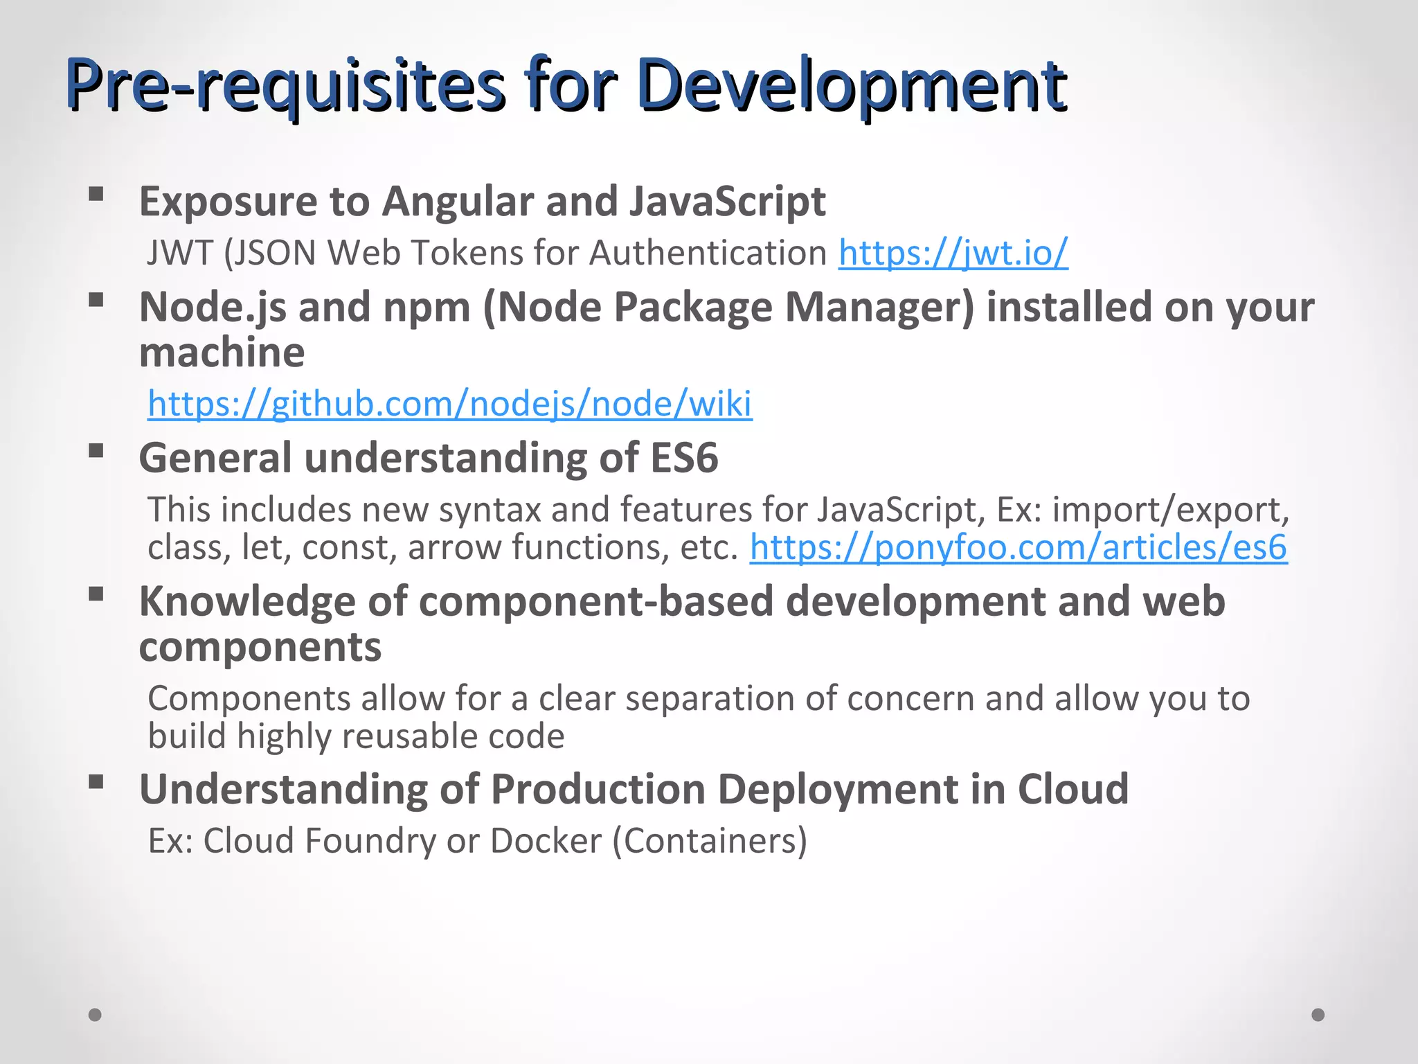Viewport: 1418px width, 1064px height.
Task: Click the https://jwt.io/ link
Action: [953, 253]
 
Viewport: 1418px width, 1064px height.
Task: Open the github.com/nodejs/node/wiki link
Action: [449, 404]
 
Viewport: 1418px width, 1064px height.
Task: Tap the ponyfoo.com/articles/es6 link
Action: [1018, 547]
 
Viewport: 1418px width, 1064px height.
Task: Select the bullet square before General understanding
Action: [96, 451]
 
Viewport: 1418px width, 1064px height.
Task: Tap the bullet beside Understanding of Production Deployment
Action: [96, 782]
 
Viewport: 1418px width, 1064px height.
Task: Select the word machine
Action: [222, 353]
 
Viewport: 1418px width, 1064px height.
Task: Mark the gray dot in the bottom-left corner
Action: [96, 1015]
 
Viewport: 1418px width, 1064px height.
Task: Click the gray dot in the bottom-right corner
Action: [1318, 1015]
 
